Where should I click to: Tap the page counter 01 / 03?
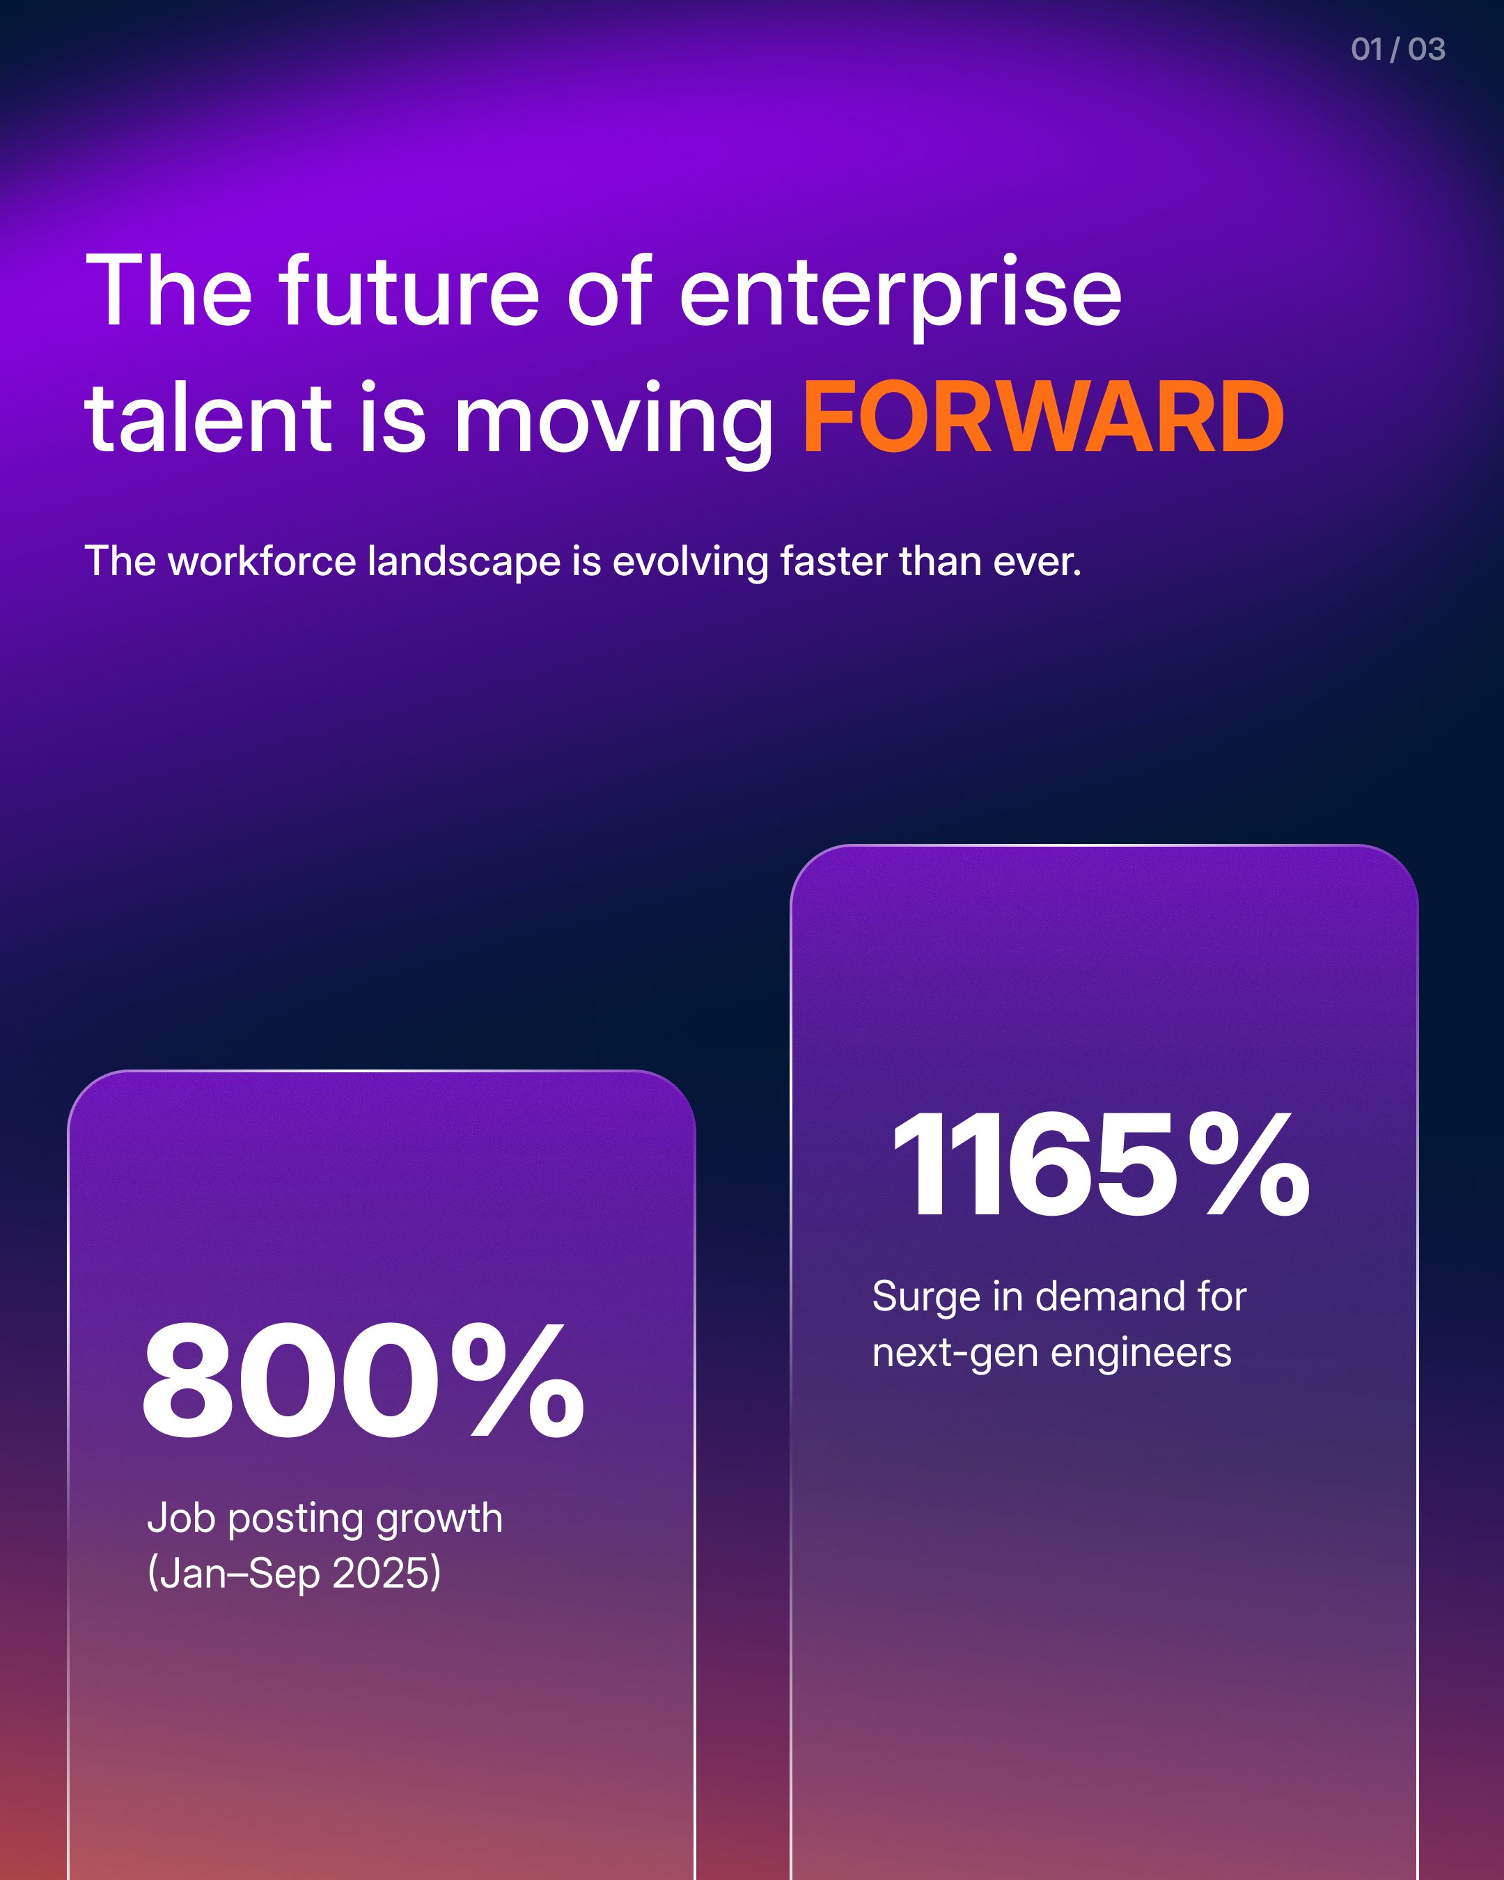pos(1397,49)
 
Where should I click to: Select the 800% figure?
pos(363,1381)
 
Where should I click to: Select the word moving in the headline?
pos(614,424)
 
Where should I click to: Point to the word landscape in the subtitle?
pos(464,563)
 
